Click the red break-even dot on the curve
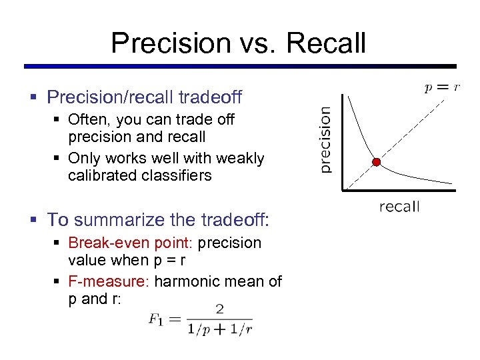tap(376, 162)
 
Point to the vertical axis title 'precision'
tap(325, 141)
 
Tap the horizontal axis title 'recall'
tap(399, 207)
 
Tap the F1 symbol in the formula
tap(155, 319)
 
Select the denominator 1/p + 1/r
tap(219, 328)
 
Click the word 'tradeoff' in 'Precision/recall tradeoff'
tap(210, 97)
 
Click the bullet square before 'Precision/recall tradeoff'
tap(34, 98)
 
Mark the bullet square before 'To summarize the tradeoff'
tap(34, 220)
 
